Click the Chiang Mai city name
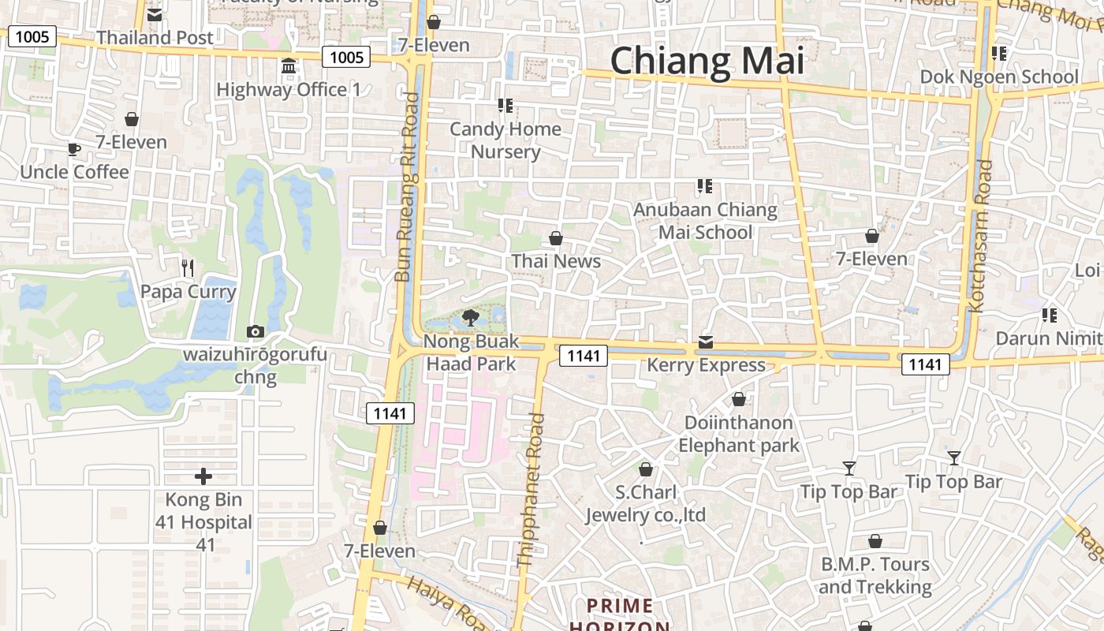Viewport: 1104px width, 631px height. pyautogui.click(x=707, y=61)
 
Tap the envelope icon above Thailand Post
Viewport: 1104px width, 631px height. pyautogui.click(x=155, y=14)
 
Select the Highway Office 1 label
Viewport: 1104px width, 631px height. pyautogui.click(x=288, y=89)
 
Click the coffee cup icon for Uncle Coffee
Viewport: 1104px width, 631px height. pyautogui.click(x=73, y=148)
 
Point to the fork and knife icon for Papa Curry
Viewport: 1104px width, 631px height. pyautogui.click(x=188, y=268)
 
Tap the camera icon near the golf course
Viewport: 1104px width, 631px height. pyautogui.click(x=255, y=331)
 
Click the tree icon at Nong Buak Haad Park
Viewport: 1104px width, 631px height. pyautogui.click(x=471, y=318)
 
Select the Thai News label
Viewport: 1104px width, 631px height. pyautogui.click(x=556, y=261)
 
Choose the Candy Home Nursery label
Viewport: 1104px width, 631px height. pyautogui.click(x=505, y=140)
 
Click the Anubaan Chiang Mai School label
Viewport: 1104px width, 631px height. pyautogui.click(x=706, y=221)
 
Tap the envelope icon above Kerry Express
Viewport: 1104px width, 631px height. pyautogui.click(x=706, y=342)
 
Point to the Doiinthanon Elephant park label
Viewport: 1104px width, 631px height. pyautogui.click(x=739, y=434)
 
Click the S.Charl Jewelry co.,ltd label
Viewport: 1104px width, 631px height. pyautogui.click(x=646, y=504)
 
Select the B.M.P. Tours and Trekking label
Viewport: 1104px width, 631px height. pyautogui.click(x=875, y=576)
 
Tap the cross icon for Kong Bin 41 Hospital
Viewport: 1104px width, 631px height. pyautogui.click(x=203, y=476)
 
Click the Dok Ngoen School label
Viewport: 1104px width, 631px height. pyautogui.click(x=999, y=77)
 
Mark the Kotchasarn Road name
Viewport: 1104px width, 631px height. pyautogui.click(x=983, y=236)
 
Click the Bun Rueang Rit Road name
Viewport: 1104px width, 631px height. pyautogui.click(x=408, y=188)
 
